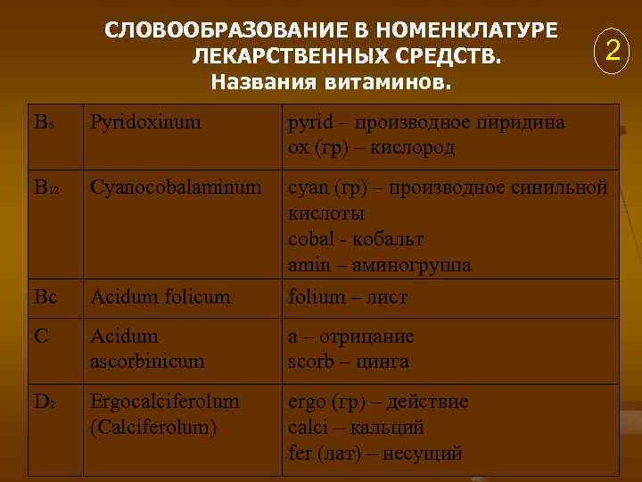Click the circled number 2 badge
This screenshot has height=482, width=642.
click(612, 50)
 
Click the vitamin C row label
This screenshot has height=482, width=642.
click(42, 337)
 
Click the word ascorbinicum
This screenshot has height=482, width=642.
click(147, 361)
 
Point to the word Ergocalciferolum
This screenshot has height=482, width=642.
click(165, 403)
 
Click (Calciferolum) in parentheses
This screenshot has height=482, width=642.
click(154, 428)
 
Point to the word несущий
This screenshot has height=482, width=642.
click(424, 453)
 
